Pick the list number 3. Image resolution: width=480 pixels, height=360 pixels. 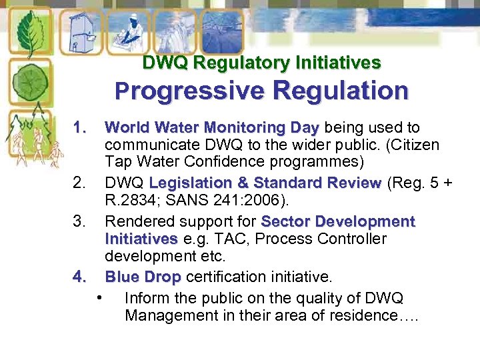[81, 221]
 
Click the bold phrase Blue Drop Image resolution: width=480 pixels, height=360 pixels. [143, 276]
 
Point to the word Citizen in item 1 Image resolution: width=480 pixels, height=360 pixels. [416, 145]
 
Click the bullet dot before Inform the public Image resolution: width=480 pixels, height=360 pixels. [99, 297]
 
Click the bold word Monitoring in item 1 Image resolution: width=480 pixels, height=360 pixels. [245, 127]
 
